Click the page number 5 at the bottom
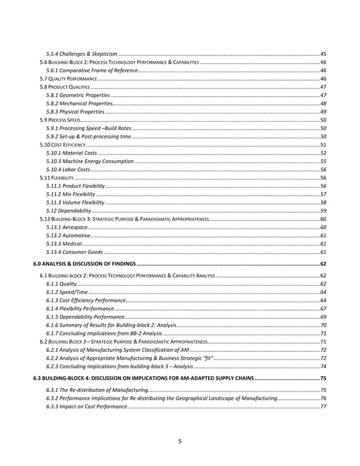[x=179, y=442]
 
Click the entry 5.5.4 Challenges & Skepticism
[x=82, y=53]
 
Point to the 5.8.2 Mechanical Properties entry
[x=80, y=104]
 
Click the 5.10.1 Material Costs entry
[x=72, y=153]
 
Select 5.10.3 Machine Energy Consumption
[x=90, y=161]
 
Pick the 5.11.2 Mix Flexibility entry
[x=71, y=194]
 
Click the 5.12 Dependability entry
[x=69, y=210]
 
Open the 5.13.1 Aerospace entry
[x=67, y=227]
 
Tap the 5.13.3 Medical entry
[x=63, y=243]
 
